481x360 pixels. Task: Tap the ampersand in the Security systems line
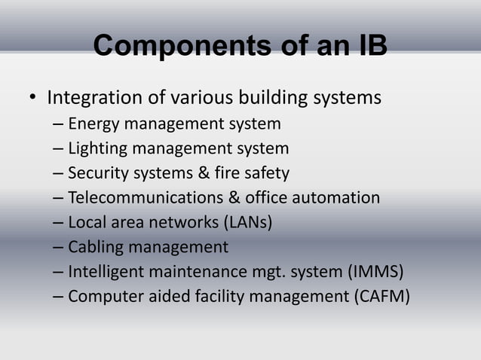pyautogui.click(x=204, y=173)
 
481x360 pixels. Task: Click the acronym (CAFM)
pyautogui.click(x=382, y=297)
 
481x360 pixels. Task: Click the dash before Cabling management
pyautogui.click(x=58, y=247)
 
